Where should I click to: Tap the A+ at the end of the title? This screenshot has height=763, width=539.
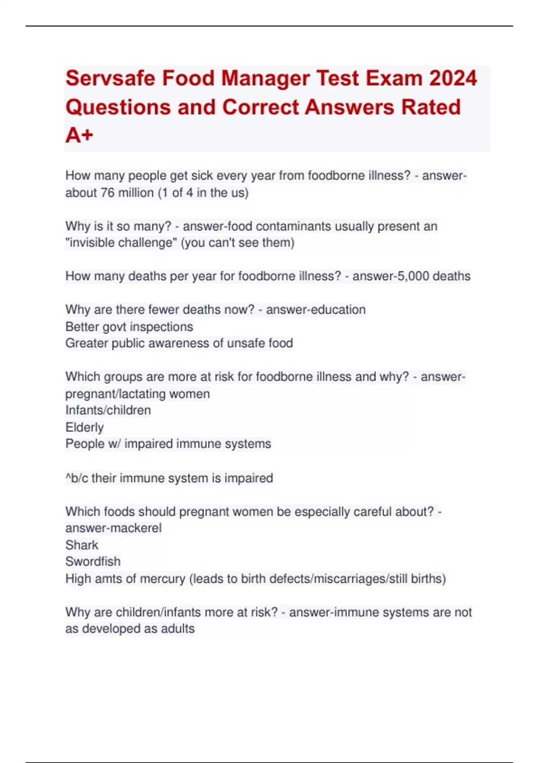click(x=79, y=135)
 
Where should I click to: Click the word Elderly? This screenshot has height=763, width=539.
click(x=84, y=427)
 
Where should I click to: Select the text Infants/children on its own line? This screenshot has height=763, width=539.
click(x=108, y=410)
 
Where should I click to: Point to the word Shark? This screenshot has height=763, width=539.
click(x=82, y=545)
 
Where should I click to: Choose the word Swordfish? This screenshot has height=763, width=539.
click(x=93, y=561)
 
